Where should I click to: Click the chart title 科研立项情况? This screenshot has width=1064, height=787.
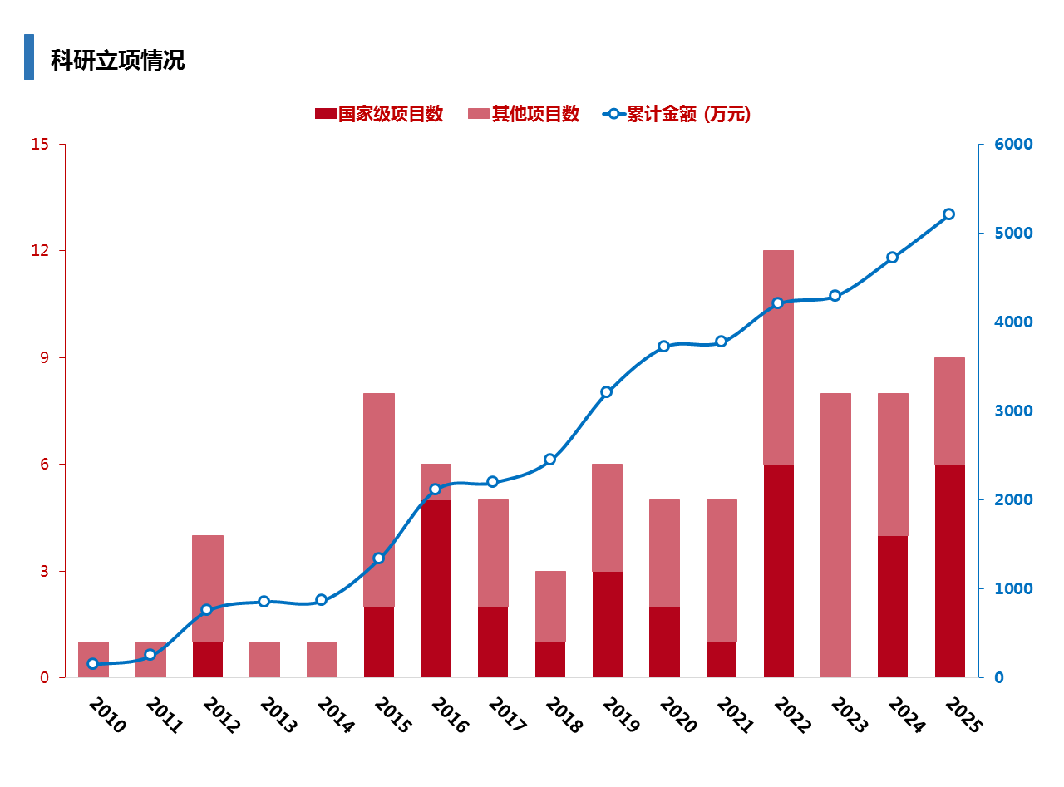click(117, 61)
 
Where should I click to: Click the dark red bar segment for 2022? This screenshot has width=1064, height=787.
click(779, 570)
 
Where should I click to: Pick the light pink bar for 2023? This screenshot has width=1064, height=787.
click(835, 534)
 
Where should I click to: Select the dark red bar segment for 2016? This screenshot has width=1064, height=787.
click(436, 588)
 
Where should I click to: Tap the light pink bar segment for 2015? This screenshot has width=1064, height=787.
click(379, 499)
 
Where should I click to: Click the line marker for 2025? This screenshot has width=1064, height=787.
click(948, 214)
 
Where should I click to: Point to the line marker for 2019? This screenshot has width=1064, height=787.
click(607, 392)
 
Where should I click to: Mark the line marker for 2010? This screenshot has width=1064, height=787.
click(93, 664)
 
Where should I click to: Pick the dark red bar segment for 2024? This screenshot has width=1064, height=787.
click(893, 606)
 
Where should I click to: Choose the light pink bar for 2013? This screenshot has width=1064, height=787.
click(264, 659)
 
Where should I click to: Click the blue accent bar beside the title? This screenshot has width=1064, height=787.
click(29, 57)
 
